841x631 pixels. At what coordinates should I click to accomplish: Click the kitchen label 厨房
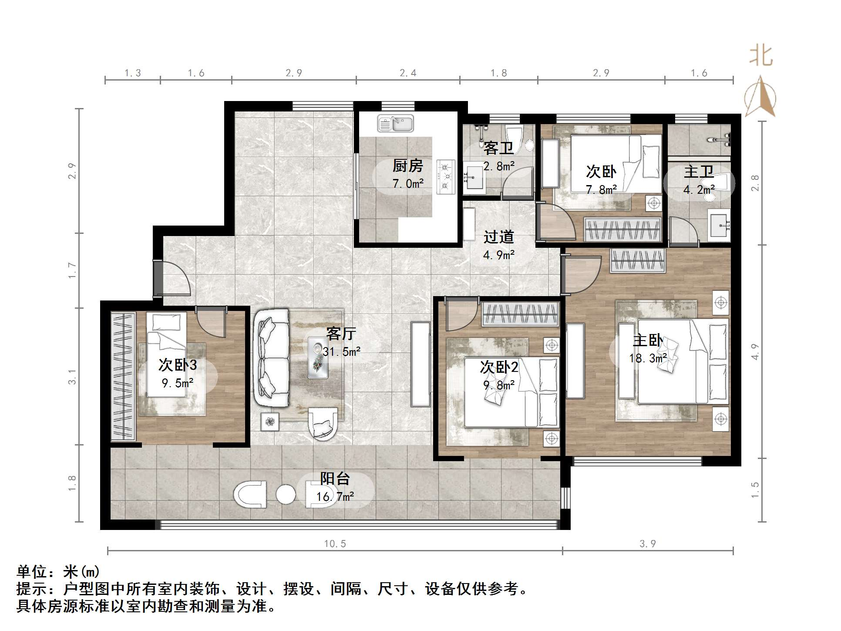click(407, 165)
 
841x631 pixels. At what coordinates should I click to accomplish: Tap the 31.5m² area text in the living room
click(341, 351)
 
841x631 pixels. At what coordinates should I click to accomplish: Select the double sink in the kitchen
click(395, 123)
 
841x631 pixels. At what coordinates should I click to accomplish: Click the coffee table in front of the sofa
click(318, 357)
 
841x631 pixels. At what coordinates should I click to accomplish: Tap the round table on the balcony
click(286, 494)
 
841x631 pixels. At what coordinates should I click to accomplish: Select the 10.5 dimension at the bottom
click(335, 543)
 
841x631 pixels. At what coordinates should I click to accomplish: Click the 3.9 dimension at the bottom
click(647, 543)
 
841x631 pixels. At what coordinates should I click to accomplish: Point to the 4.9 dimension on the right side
click(755, 351)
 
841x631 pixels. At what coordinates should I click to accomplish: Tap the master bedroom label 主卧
click(648, 340)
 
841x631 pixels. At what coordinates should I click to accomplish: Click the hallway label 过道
click(499, 237)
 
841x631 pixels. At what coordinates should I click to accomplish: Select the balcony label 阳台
click(335, 479)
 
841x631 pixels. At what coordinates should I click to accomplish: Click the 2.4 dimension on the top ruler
click(408, 73)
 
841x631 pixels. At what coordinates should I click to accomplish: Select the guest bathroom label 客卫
click(499, 148)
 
